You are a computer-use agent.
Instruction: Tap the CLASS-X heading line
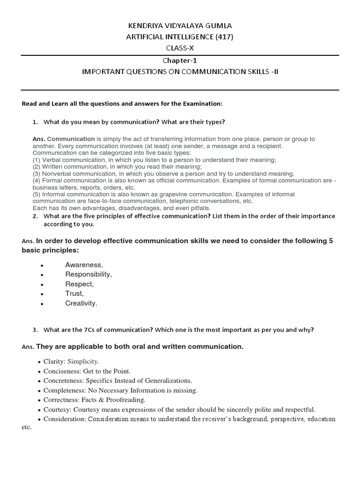click(180, 48)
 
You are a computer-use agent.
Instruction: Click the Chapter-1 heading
click(180, 60)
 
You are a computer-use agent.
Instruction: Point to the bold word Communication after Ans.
click(71, 139)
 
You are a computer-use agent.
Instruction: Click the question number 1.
click(35, 122)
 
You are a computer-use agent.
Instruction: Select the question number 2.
click(35, 216)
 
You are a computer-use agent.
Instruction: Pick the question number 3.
click(35, 330)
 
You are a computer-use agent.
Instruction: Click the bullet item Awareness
click(83, 265)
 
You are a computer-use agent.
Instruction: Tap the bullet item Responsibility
click(88, 274)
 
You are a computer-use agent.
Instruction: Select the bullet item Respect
click(79, 284)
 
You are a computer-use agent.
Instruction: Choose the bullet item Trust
click(74, 293)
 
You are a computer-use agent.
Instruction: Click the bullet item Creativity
click(81, 303)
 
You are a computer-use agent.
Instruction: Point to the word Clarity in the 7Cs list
click(54, 361)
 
